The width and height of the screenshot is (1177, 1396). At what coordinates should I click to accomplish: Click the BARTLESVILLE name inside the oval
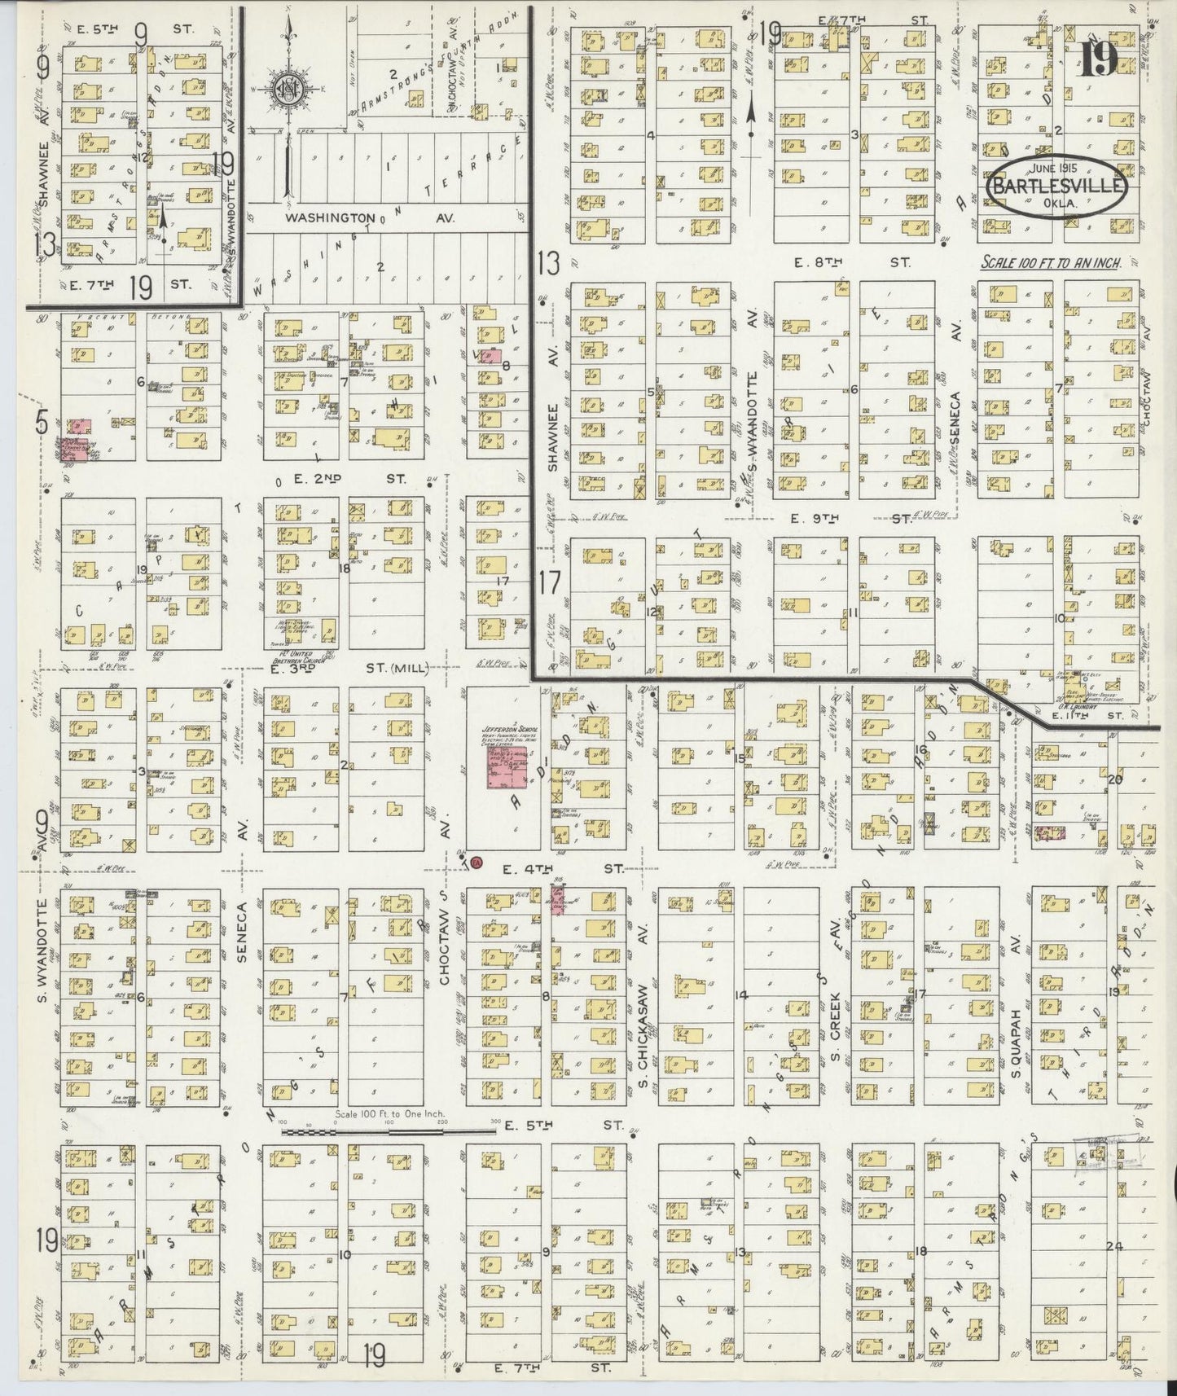point(1057,185)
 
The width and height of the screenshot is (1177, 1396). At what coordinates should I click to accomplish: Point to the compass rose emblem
point(288,86)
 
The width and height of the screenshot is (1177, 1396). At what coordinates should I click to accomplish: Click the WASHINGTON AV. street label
point(370,218)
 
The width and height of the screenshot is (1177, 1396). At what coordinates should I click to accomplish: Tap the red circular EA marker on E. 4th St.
point(477,862)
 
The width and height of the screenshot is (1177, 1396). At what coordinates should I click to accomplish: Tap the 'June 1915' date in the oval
point(1056,167)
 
